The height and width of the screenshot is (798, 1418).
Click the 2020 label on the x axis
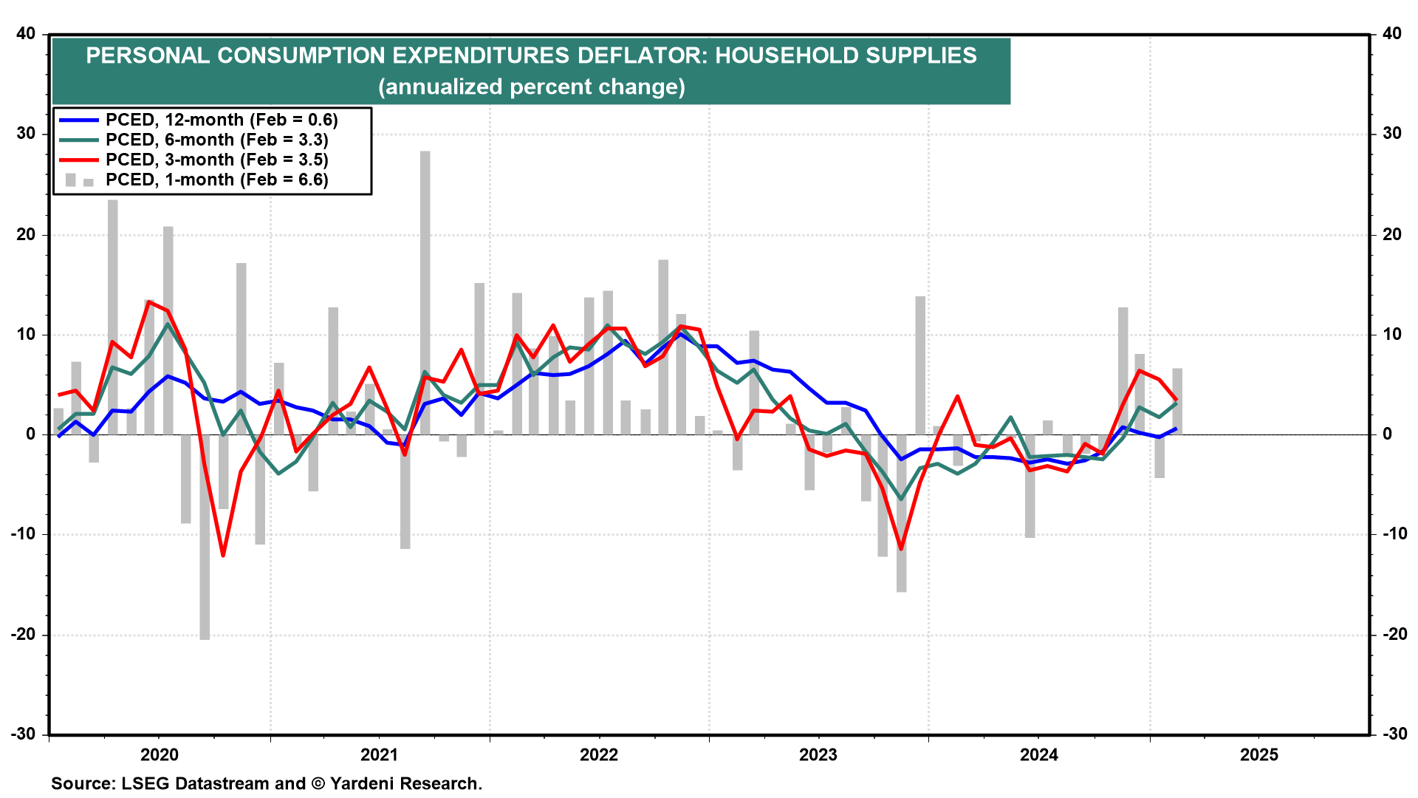pos(160,754)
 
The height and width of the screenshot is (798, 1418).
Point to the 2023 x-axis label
pos(818,754)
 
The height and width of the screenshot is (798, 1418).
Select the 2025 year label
pos(1258,754)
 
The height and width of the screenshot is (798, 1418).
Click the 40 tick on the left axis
pos(26,34)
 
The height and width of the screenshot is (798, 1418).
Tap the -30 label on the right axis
pos(1394,734)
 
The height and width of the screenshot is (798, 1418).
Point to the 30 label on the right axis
pos(1391,134)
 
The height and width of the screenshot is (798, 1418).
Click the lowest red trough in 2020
pos(223,555)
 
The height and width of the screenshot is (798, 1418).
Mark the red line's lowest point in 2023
pos(901,549)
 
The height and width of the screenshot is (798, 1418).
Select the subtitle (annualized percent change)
pos(531,87)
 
